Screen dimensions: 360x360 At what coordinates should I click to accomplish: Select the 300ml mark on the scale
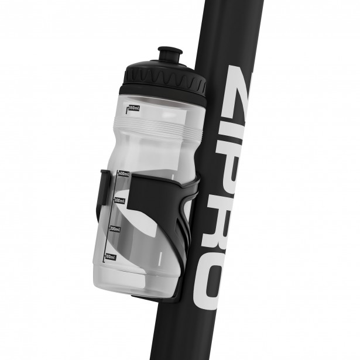[x=118, y=200]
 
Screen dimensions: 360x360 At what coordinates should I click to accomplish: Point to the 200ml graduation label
[x=114, y=229]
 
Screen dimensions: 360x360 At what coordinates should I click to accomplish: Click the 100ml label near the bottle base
[x=110, y=256]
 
